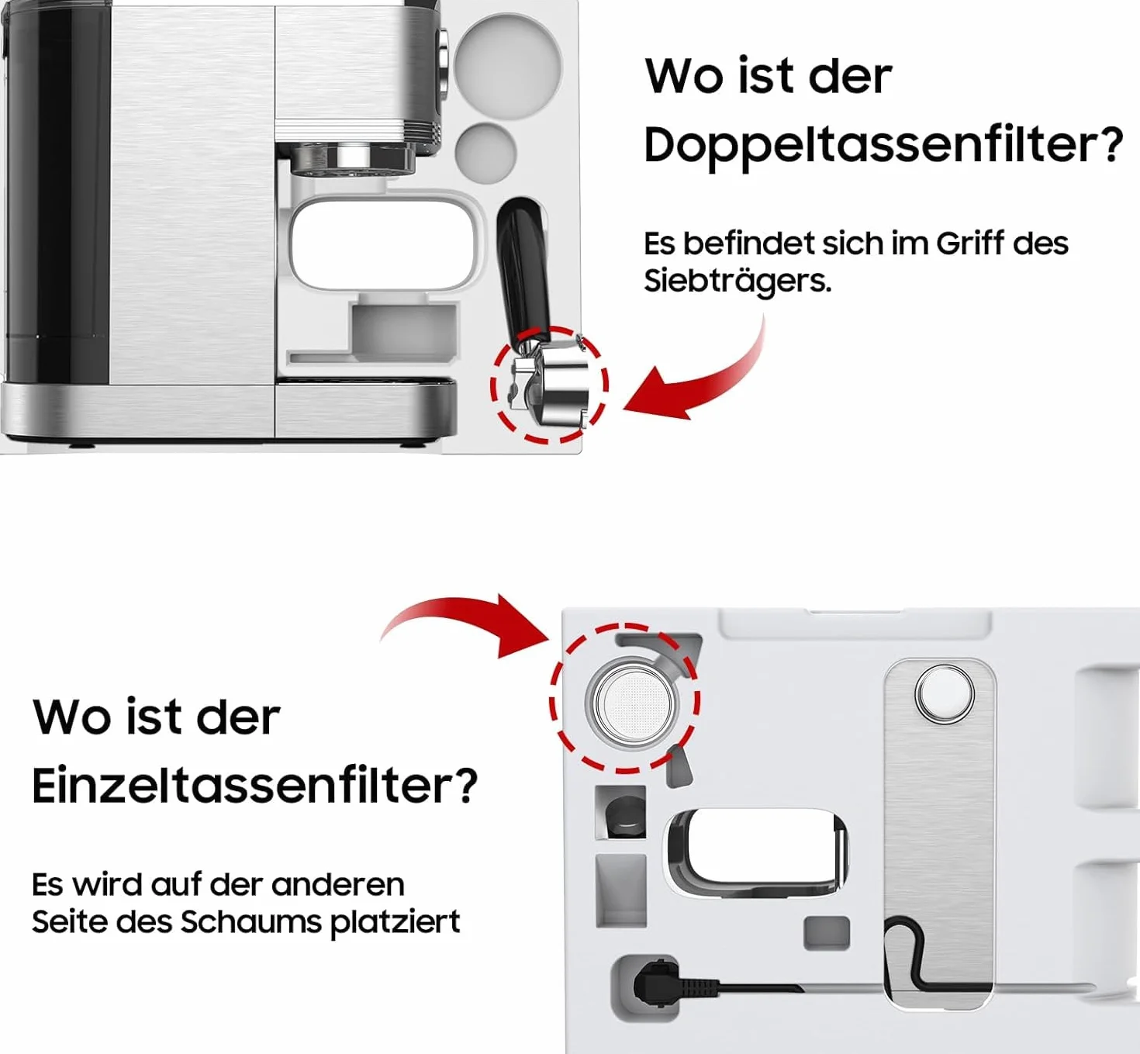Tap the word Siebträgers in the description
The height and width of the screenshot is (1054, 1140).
pos(737,282)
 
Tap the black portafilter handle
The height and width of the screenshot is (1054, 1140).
pos(522,270)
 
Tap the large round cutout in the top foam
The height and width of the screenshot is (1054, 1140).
pos(508,65)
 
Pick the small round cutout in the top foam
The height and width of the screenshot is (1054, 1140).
pos(485,152)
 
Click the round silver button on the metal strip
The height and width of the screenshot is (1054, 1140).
pos(945,693)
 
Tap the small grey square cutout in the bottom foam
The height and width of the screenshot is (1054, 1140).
pos(827,933)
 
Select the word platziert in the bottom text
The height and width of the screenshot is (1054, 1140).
pos(396,923)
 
